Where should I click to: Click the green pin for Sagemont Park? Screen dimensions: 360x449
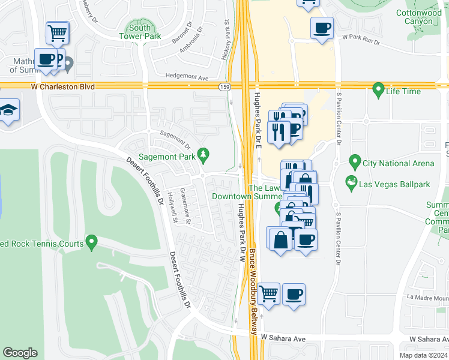[x=203, y=155]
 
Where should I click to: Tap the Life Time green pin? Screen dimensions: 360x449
[x=378, y=90]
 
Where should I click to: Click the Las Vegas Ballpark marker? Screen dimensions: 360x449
[x=350, y=181]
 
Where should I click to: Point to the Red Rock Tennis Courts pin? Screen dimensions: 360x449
[x=91, y=242]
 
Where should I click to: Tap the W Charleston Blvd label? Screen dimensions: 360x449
[x=63, y=87]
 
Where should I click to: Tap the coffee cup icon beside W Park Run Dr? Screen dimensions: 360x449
[x=322, y=28]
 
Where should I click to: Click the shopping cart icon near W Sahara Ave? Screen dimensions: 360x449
[x=268, y=294]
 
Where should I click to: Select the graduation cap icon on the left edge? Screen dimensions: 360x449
[x=8, y=110]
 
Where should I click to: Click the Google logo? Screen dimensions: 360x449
[x=20, y=353]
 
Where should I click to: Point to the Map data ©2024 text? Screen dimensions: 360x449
[x=423, y=355]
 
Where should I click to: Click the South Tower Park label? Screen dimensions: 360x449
[x=140, y=32]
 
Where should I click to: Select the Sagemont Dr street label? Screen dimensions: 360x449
[x=175, y=141]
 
